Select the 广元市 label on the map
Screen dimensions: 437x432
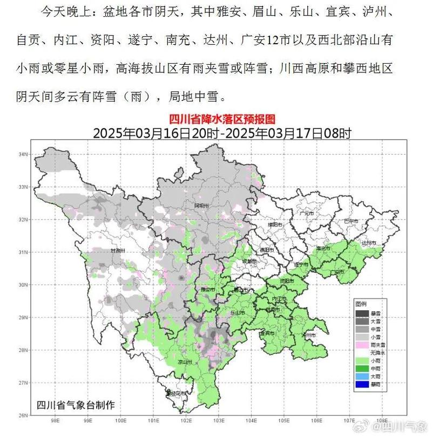click(x=306, y=214)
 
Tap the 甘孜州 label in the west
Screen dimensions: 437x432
click(x=117, y=251)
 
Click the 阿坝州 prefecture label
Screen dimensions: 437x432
click(x=201, y=206)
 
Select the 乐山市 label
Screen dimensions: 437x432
click(x=238, y=312)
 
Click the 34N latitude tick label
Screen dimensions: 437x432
click(x=23, y=154)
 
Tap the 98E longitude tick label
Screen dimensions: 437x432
click(x=54, y=420)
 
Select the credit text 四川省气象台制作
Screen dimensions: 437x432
click(x=79, y=404)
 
